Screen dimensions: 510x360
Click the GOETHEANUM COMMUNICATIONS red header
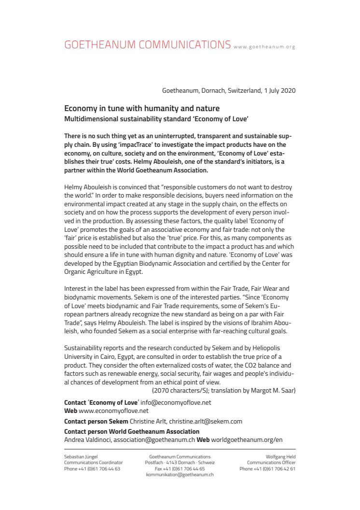(147, 45)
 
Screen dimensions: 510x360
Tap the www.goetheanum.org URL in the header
(264, 47)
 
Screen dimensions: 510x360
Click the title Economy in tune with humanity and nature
(142, 109)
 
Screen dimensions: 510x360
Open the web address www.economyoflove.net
(113, 411)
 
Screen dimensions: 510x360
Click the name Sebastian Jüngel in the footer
(81, 456)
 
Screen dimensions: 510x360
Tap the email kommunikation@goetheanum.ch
(180, 475)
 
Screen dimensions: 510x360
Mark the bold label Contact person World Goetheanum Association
(132, 431)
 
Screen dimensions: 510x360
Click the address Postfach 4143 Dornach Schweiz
(180, 463)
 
